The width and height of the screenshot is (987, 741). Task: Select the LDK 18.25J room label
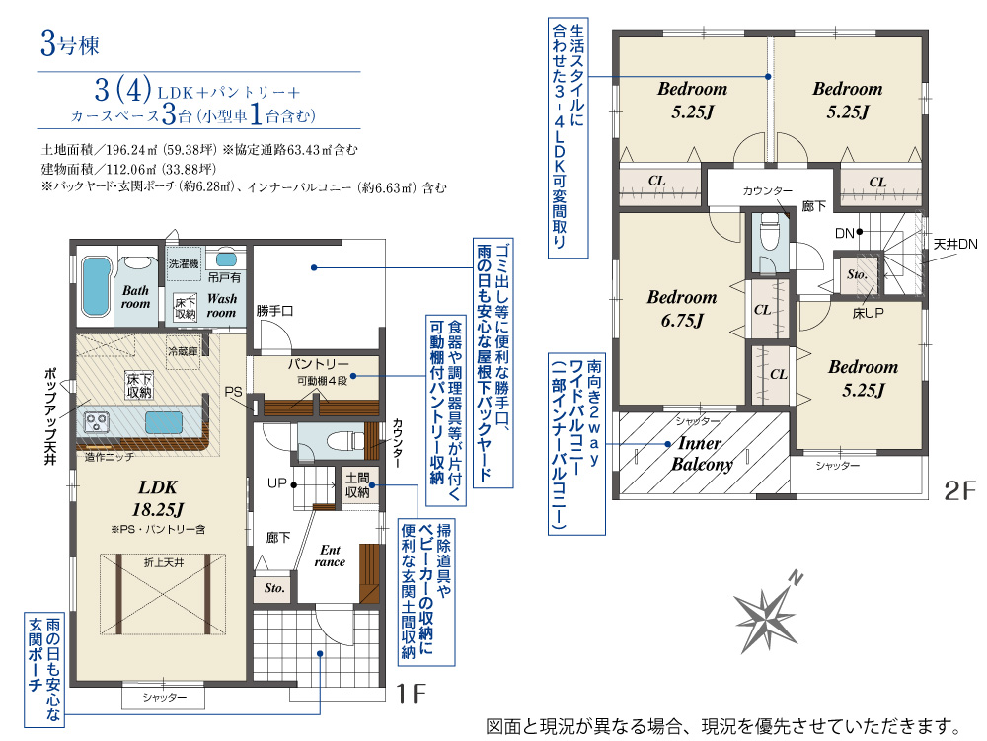point(157,498)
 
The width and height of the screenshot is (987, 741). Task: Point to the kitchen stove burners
point(97,421)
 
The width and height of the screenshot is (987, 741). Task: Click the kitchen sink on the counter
point(164,422)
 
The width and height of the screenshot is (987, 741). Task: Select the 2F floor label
point(960,490)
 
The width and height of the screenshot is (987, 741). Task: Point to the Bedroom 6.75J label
point(682,309)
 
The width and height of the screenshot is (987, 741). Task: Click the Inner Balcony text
point(702,454)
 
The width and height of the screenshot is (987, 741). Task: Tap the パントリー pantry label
point(319,364)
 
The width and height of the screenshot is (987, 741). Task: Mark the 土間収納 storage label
point(357,485)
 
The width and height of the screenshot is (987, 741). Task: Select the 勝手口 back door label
point(274,311)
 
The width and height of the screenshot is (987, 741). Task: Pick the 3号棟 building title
point(70,44)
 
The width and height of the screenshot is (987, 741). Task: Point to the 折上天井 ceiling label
point(164,562)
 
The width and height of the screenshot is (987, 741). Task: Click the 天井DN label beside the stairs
point(955,244)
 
